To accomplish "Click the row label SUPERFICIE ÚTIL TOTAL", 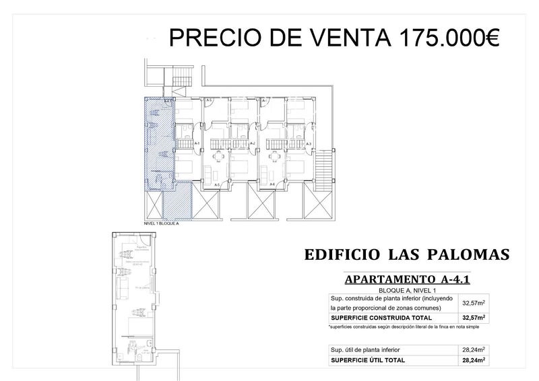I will click(368, 360).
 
